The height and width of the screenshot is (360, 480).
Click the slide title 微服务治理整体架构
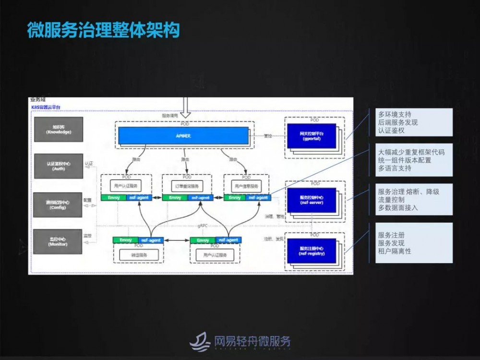coord(103,30)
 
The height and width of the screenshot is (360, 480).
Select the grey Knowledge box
coord(58,129)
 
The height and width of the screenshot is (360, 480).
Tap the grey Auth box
coord(58,166)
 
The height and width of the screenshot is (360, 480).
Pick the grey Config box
coord(58,205)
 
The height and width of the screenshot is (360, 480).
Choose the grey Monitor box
coord(58,241)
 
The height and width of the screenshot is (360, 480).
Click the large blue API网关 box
coord(184,136)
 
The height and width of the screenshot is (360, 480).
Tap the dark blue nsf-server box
coord(311,200)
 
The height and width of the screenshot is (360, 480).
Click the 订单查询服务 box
coord(187,185)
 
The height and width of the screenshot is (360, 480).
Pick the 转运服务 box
coord(138,254)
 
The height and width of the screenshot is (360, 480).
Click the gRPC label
coord(202,225)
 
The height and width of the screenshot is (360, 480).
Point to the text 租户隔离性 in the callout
coord(395,251)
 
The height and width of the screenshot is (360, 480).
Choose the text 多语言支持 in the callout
coord(395,168)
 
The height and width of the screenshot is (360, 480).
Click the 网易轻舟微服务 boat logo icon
coord(200,341)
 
